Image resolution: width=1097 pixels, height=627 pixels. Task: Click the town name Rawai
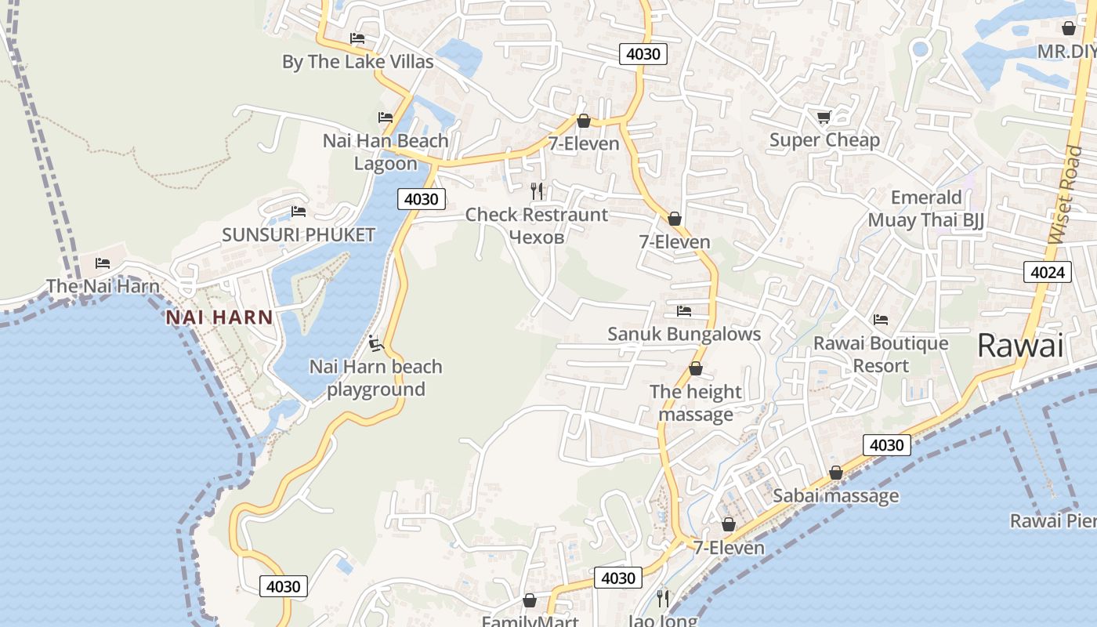point(1019,345)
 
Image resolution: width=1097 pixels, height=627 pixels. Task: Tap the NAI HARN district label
point(219,317)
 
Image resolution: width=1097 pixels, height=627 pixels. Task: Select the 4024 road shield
point(1048,272)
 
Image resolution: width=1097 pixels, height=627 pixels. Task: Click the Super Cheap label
point(824,140)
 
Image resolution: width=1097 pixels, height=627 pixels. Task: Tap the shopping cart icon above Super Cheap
point(824,118)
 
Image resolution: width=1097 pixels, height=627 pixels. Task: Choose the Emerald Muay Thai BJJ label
point(925,208)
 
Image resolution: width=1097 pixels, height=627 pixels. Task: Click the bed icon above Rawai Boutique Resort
point(881,320)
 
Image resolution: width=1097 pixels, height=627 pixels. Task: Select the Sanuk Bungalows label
point(684,334)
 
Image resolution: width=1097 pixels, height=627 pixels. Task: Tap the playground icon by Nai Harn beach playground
point(375,343)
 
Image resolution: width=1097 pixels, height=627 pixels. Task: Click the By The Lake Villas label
point(357,62)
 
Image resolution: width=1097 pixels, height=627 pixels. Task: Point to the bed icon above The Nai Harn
point(103,263)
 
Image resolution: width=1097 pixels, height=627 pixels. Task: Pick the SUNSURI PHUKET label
point(299,234)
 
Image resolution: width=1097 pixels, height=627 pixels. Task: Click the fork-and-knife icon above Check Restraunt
point(537,191)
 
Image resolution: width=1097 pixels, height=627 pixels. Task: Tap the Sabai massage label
point(835,495)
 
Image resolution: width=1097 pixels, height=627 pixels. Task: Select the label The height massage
point(695,403)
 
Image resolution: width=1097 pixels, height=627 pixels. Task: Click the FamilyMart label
point(530,622)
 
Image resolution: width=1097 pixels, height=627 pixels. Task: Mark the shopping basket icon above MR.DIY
point(1069,29)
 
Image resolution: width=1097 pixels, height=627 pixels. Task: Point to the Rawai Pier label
point(1052,520)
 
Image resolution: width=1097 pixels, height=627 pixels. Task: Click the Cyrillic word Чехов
point(537,237)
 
